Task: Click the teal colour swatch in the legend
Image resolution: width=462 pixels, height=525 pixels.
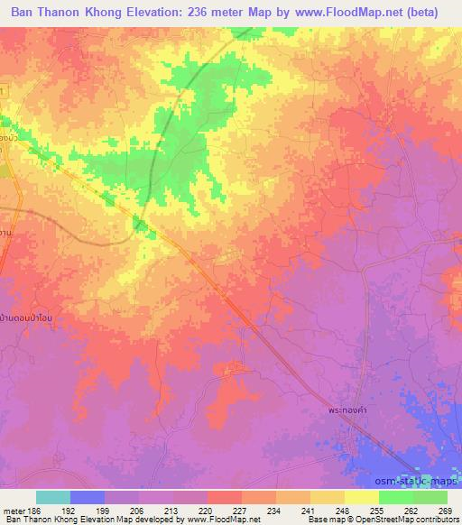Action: [x=53, y=497]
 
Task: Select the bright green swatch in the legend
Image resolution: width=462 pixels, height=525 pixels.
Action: [x=396, y=497]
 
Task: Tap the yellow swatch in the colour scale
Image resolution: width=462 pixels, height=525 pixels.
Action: [x=362, y=497]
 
